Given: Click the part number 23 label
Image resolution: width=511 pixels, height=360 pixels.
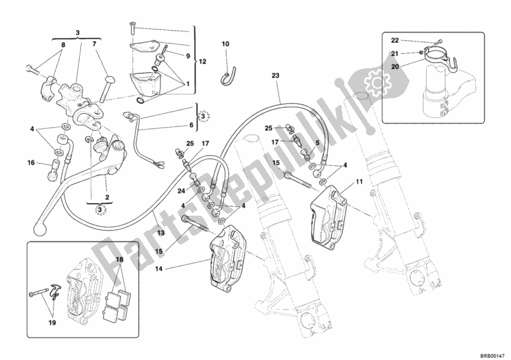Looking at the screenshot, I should click(275, 75).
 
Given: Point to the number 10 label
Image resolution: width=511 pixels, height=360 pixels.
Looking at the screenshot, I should click(225, 44).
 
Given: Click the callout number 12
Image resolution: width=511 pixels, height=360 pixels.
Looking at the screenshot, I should click(202, 62).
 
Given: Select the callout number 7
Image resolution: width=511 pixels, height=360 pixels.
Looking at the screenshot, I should click(95, 44).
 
